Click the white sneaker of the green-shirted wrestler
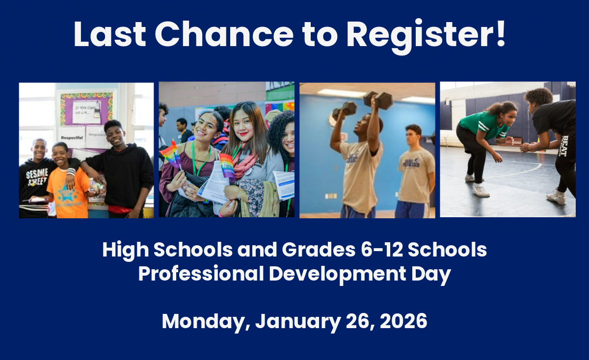click(x=481, y=190)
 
